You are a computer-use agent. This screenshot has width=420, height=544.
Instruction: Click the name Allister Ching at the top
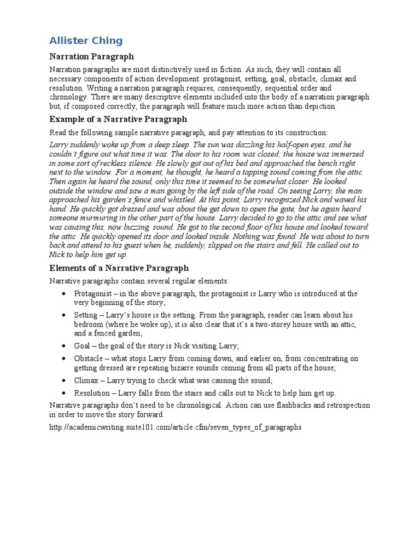point(86,40)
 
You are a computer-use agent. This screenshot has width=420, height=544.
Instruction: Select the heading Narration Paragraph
point(91,56)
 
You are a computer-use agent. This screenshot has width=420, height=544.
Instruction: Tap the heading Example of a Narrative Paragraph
point(118,119)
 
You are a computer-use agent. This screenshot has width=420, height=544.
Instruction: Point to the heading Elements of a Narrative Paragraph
point(119,268)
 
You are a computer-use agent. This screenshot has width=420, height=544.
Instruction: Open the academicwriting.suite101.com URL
point(175,427)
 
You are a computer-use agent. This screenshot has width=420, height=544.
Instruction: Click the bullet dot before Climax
point(65,380)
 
